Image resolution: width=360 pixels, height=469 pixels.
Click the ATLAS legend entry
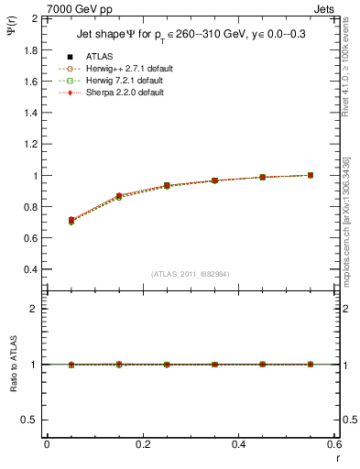pos(101,56)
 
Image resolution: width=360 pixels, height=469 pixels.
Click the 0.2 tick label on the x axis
pos(142,444)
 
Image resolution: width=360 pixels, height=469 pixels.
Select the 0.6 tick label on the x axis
pos(333,444)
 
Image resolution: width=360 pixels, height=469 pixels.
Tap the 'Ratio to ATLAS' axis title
pos(12,365)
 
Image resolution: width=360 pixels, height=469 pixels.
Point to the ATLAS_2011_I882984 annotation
pos(190,274)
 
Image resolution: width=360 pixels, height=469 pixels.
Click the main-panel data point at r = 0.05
pos(71,220)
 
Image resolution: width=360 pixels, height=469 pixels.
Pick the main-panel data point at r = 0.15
pos(119,196)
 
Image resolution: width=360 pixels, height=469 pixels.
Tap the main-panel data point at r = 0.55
pos(311,175)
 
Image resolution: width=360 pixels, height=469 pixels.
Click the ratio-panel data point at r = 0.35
pos(214,365)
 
